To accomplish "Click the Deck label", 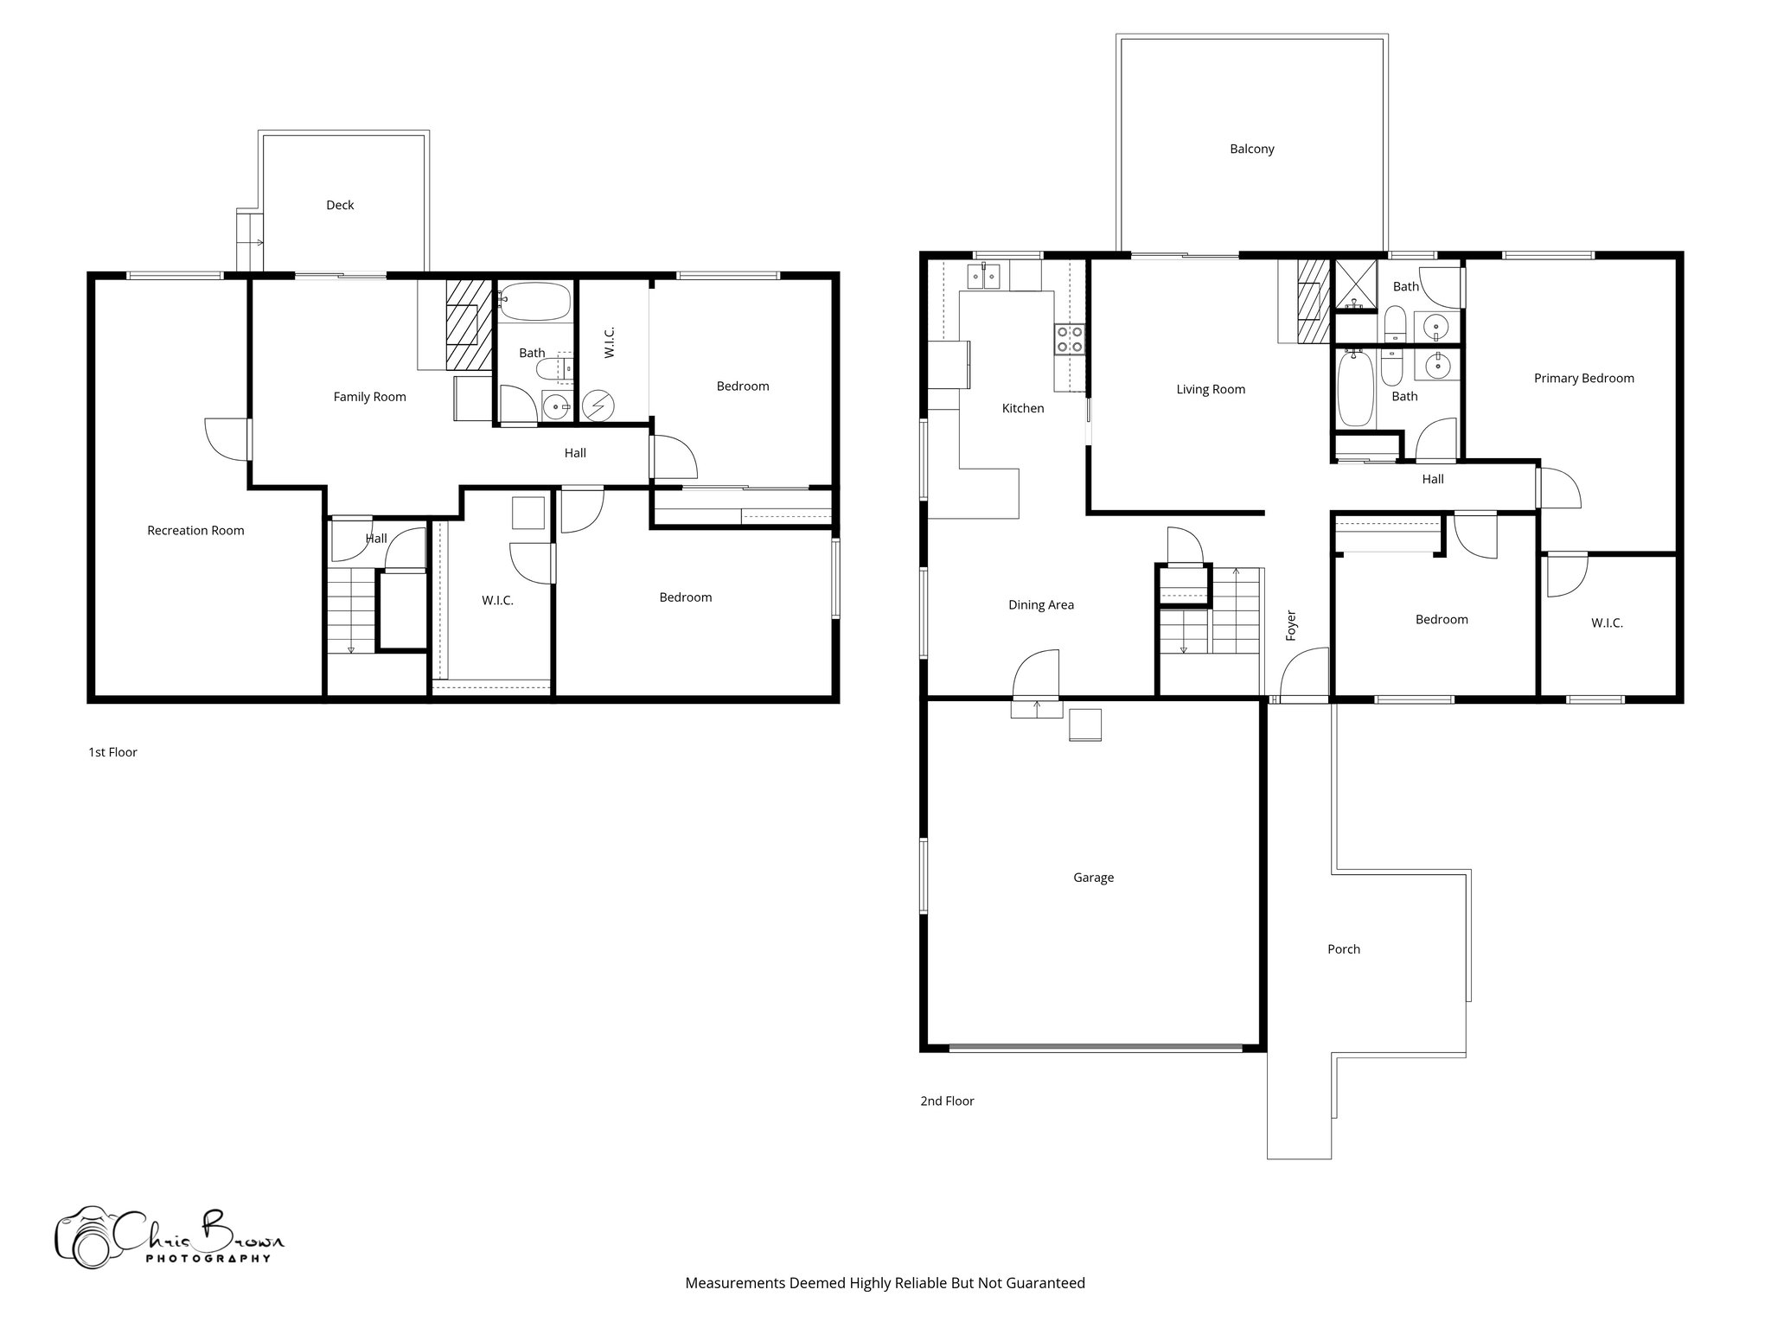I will click(340, 205).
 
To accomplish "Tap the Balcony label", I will click(1251, 149).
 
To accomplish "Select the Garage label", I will click(1093, 878).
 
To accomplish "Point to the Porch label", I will click(1343, 949).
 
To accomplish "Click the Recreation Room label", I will click(195, 531).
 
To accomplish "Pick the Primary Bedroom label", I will click(1583, 378).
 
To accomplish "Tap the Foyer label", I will click(1291, 625).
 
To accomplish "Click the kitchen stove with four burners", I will click(1069, 339).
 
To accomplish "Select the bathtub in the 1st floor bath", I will click(534, 301).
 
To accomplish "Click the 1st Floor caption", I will click(112, 752).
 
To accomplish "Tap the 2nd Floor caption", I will click(947, 1101).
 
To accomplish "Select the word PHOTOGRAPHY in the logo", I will click(208, 1259).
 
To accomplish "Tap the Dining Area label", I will click(1040, 605).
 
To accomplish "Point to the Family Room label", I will click(369, 397).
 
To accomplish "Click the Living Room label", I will click(1210, 389).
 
